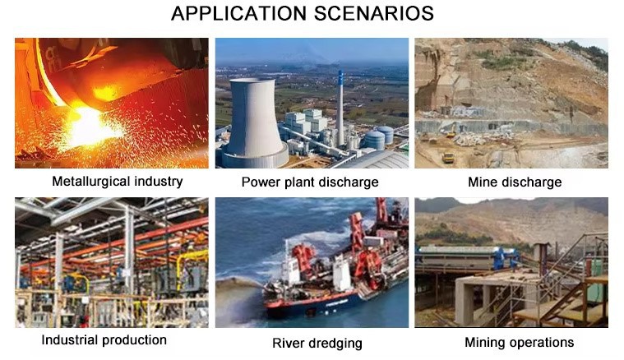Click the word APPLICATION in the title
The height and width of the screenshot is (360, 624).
pyautogui.click(x=238, y=13)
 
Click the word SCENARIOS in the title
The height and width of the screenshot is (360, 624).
pyautogui.click(x=374, y=13)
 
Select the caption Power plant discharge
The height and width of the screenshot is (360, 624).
pyautogui.click(x=310, y=182)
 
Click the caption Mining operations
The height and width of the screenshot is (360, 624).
pyautogui.click(x=520, y=343)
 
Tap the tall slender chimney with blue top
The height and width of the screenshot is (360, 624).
pyautogui.click(x=340, y=108)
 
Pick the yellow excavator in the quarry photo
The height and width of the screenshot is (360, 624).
pyautogui.click(x=451, y=131)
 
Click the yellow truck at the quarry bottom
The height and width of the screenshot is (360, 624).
pyautogui.click(x=448, y=158)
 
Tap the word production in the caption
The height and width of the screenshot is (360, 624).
pyautogui.click(x=135, y=340)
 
